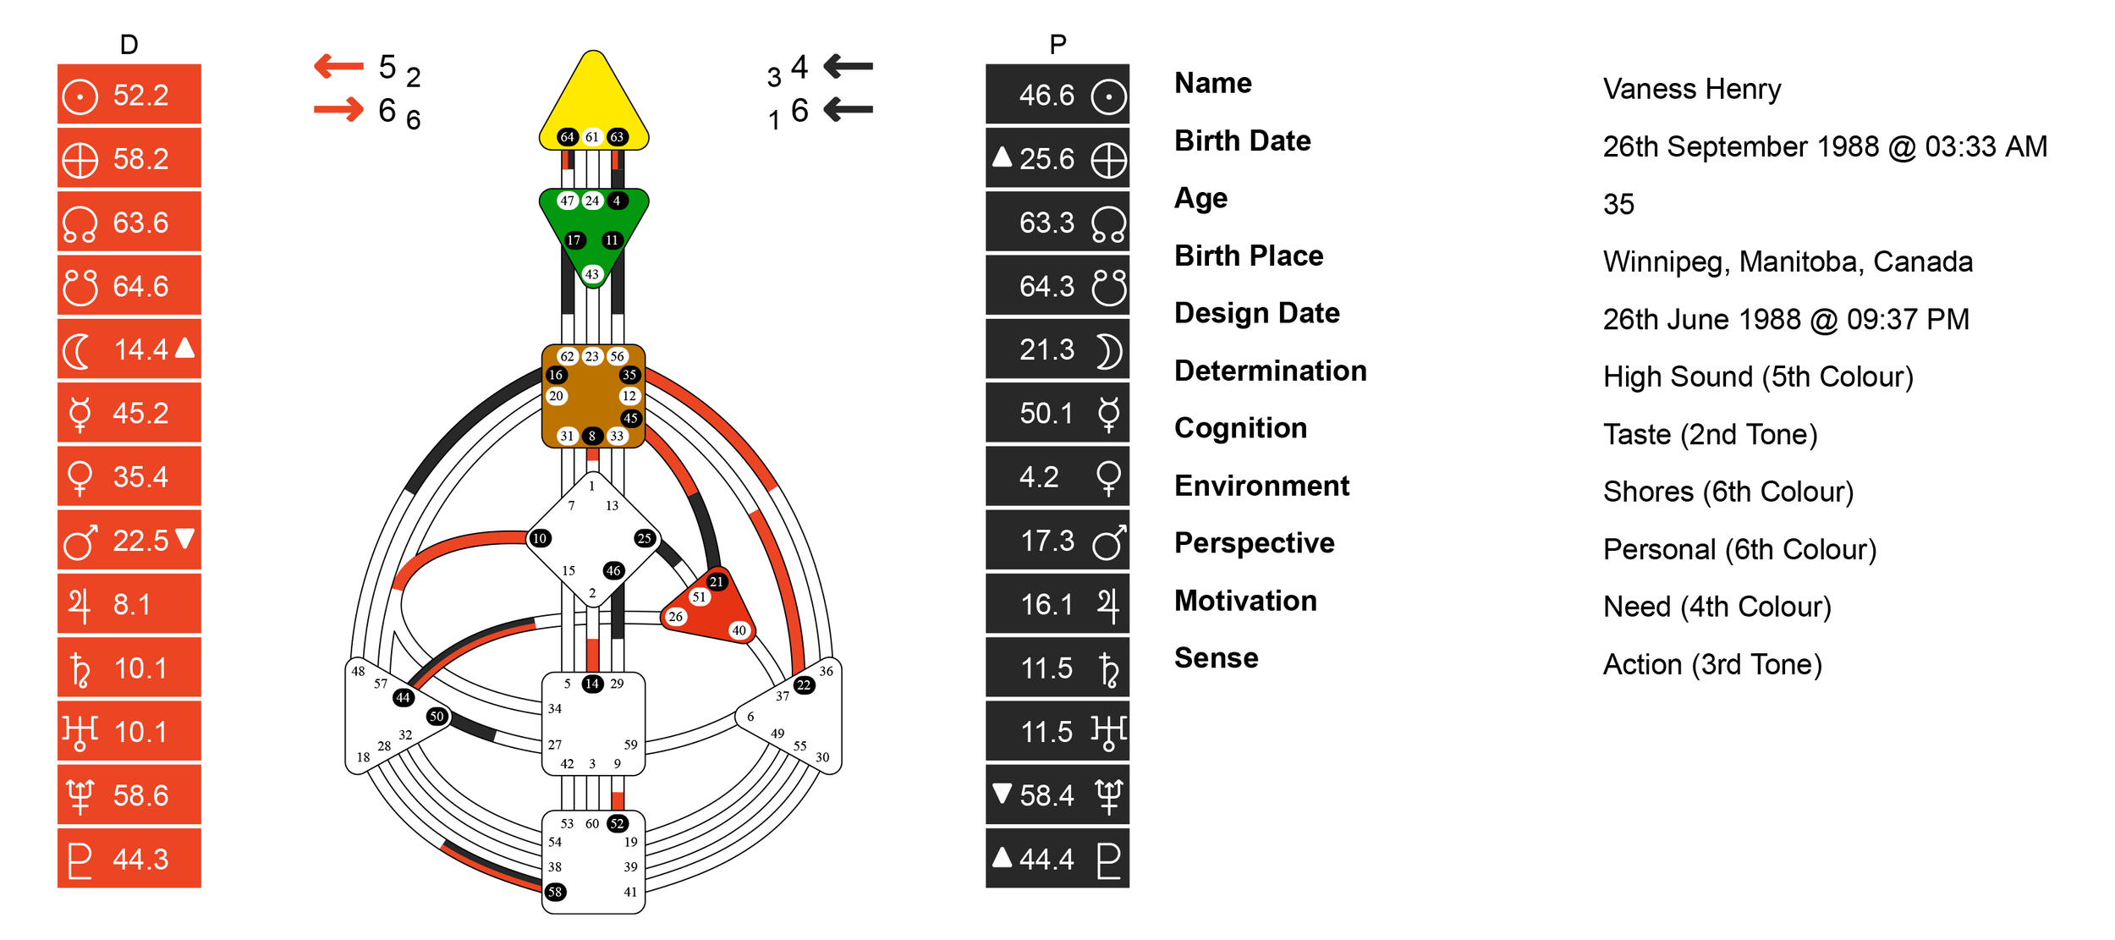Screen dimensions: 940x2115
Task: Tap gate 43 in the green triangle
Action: (x=592, y=274)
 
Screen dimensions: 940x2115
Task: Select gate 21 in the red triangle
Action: (x=717, y=581)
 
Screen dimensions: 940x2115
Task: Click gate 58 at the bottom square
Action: (x=555, y=892)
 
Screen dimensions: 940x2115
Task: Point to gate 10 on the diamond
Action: (x=540, y=538)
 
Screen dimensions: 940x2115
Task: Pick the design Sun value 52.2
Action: (x=140, y=95)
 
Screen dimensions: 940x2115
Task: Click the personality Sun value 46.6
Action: (x=1046, y=95)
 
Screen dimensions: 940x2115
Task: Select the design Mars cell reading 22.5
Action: (x=140, y=541)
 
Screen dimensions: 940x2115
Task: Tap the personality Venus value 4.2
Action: (x=1039, y=477)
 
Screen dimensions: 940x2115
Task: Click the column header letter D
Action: (x=129, y=44)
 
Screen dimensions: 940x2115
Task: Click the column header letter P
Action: (x=1057, y=44)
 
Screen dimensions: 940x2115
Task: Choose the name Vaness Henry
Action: (x=1692, y=89)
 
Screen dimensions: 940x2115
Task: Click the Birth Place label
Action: (x=1249, y=256)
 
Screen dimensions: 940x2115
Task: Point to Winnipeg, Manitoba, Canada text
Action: (x=1788, y=261)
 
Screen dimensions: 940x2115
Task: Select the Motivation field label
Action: (x=1245, y=601)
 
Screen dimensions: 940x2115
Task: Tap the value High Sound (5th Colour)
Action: (x=1758, y=377)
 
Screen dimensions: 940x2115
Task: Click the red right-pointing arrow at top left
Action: (x=338, y=109)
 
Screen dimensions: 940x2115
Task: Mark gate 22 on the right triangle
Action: (x=804, y=685)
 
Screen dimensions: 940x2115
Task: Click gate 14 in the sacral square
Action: (x=592, y=684)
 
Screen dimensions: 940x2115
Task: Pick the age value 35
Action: (x=1618, y=204)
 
